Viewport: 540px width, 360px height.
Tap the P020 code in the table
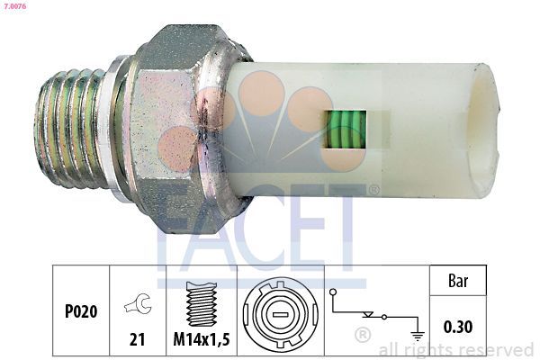80,312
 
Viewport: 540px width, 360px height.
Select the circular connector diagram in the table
279,315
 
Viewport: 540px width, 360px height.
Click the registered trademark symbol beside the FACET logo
373,191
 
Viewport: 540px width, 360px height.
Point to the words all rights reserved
456,349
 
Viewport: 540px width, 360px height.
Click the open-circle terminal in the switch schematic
332,292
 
